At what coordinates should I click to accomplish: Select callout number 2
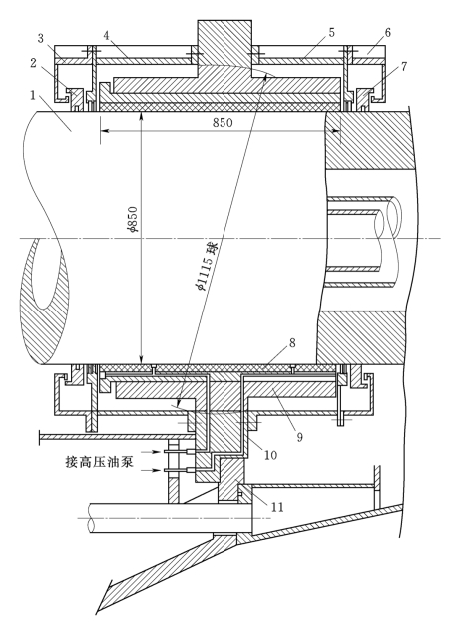click(x=33, y=63)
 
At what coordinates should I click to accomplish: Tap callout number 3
click(x=41, y=38)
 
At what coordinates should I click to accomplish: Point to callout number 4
click(x=106, y=35)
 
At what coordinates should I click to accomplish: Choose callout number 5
click(x=331, y=33)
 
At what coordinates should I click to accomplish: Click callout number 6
click(x=387, y=33)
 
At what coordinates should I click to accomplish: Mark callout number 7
click(x=403, y=66)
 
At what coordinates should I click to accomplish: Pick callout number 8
click(x=292, y=342)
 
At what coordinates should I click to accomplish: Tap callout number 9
click(x=300, y=437)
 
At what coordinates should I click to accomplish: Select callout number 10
click(x=270, y=455)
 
